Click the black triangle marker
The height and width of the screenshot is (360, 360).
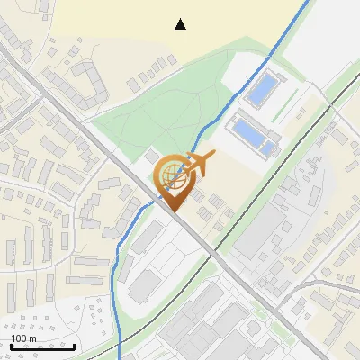point(181,24)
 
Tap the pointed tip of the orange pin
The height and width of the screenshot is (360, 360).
point(171,211)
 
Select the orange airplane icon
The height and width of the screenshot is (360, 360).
point(198,165)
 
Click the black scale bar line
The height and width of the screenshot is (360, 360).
point(42,346)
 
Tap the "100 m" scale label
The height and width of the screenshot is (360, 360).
point(24,338)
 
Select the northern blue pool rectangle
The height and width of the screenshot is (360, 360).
point(262,89)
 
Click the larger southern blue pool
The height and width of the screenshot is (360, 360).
point(248,132)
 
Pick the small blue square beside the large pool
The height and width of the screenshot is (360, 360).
point(269,148)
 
